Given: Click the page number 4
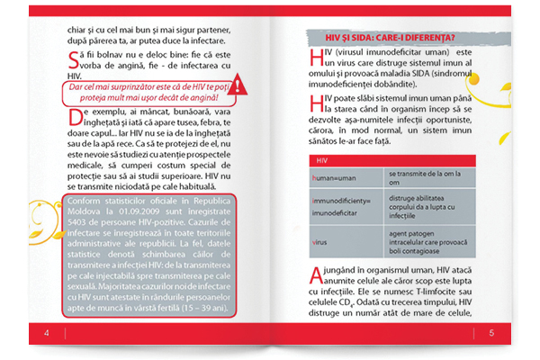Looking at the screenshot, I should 45,334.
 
